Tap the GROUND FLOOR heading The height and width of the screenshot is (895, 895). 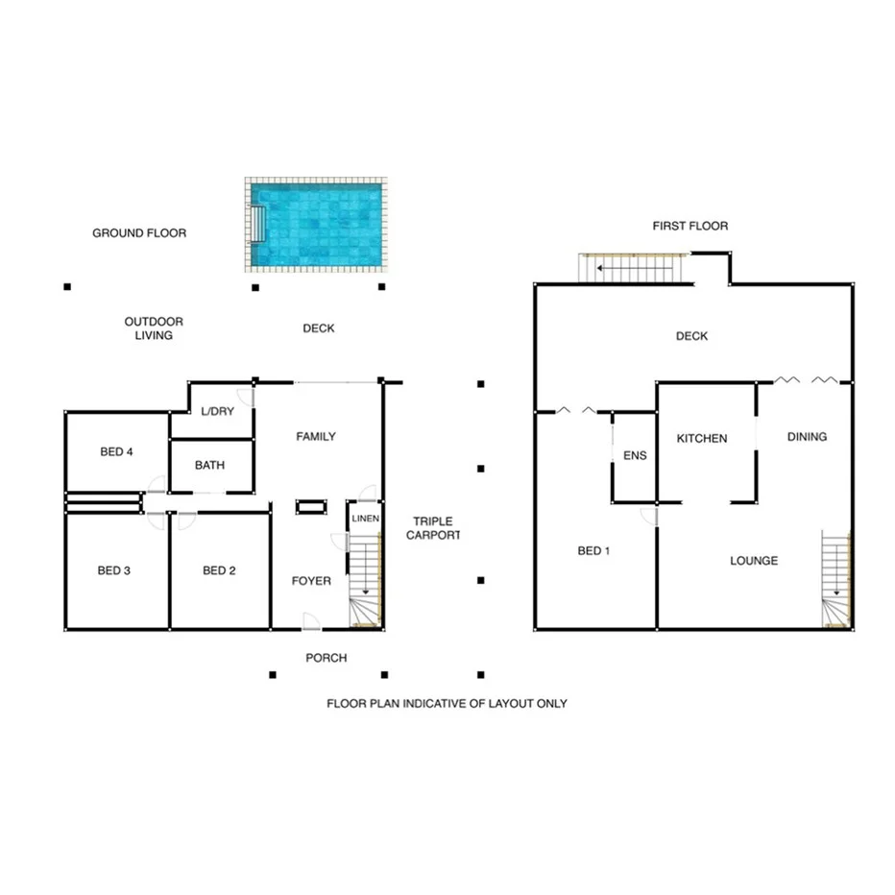[139, 233]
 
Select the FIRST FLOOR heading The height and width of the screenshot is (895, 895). [689, 227]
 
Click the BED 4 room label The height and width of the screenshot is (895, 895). [116, 452]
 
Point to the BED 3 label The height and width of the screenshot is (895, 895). [114, 570]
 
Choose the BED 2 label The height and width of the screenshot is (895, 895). [219, 570]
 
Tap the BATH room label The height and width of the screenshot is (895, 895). [209, 466]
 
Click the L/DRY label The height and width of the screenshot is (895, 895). [217, 412]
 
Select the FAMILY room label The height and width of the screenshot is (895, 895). [316, 437]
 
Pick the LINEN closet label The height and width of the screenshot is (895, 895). [366, 520]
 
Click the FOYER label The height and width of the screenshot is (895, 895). [311, 581]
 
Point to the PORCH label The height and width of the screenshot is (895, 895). [326, 658]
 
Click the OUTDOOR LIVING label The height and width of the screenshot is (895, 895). [154, 328]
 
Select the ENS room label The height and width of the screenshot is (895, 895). [635, 456]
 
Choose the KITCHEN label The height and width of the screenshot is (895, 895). [702, 439]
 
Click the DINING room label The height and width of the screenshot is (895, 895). [807, 437]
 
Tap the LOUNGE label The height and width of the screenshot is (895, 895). [754, 561]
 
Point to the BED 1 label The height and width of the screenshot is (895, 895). [593, 551]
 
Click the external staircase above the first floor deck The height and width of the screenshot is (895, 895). [634, 269]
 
